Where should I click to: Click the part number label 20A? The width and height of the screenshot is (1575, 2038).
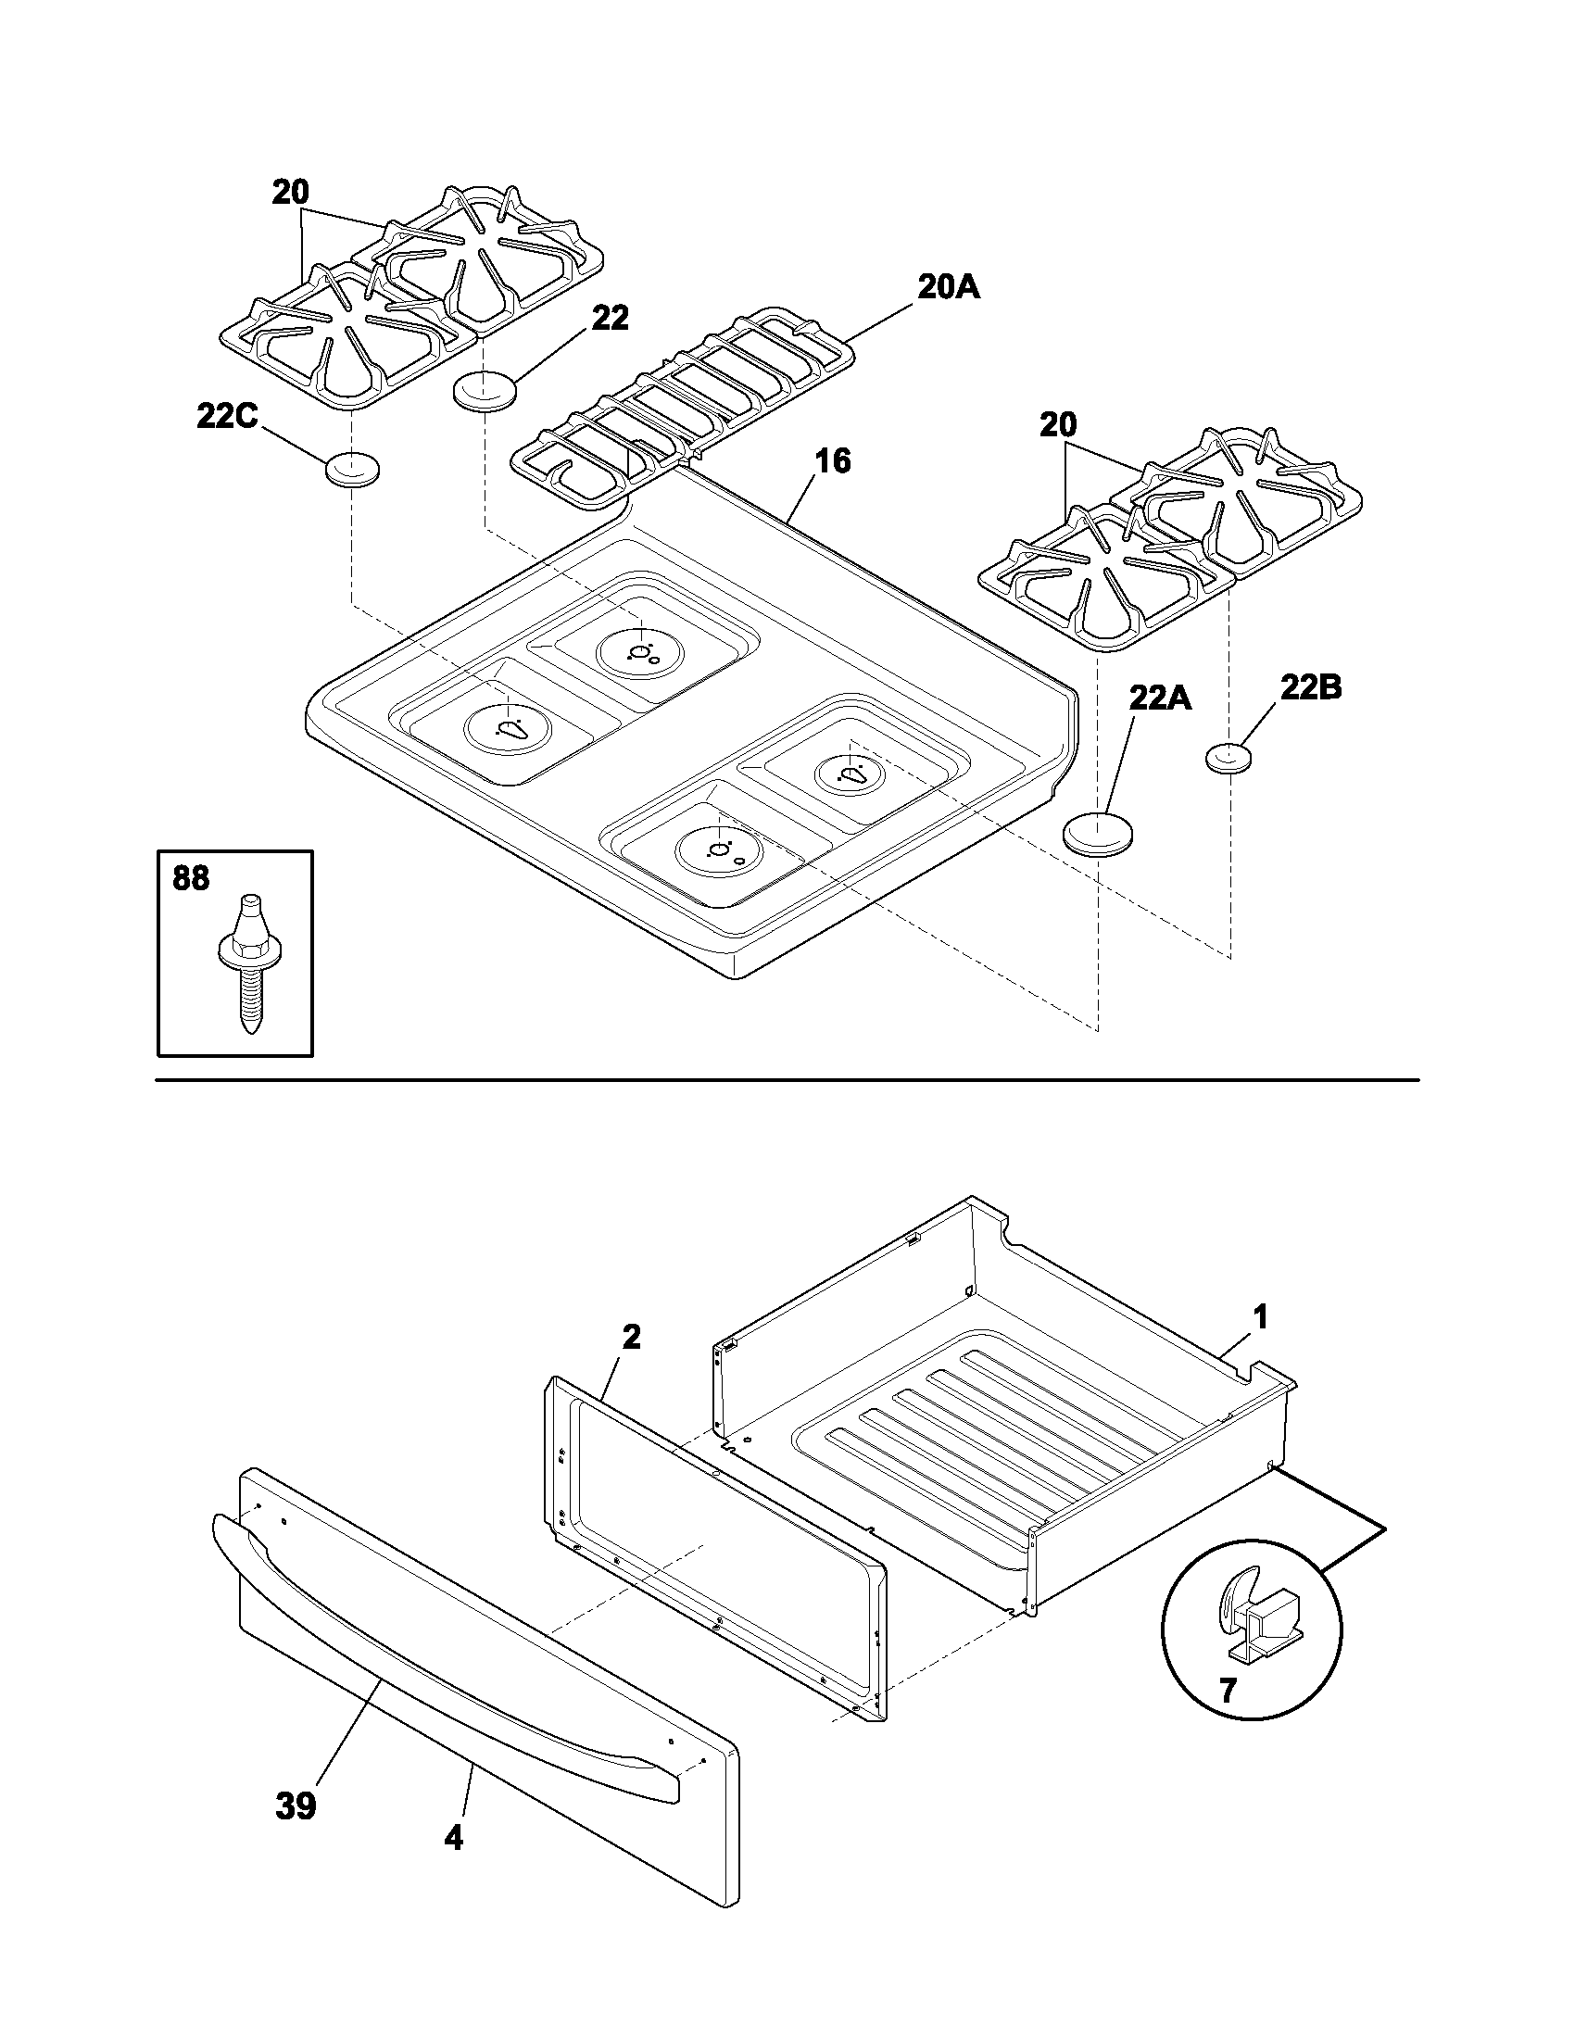[x=948, y=288]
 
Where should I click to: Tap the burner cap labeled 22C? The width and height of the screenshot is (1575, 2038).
[x=352, y=469]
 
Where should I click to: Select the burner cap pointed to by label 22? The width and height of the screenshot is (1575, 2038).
[x=485, y=389]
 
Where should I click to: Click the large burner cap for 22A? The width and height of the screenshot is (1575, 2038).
[x=1097, y=831]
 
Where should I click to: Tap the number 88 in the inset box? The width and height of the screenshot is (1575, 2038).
[x=191, y=878]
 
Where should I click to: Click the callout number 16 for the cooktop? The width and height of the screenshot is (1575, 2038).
[x=832, y=461]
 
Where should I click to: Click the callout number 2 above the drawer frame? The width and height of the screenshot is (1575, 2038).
[x=632, y=1336]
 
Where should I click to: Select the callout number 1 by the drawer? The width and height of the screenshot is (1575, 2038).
[x=1260, y=1317]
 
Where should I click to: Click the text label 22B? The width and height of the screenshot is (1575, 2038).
[x=1310, y=687]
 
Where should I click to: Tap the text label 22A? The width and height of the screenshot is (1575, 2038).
[x=1160, y=696]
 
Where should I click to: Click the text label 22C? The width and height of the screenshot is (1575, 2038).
[x=227, y=415]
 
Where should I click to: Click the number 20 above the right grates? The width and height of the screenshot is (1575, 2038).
[x=1058, y=424]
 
